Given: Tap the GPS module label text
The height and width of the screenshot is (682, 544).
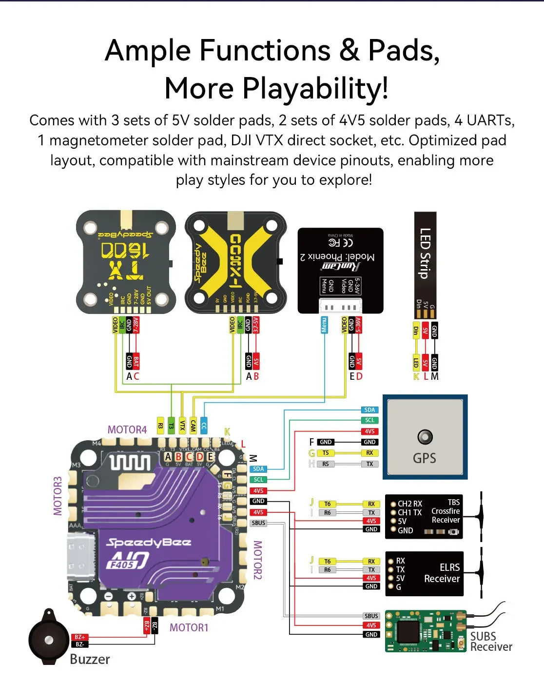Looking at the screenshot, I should coord(424,458).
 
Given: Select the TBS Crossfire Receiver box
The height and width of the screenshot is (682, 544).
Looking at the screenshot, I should coord(424,516).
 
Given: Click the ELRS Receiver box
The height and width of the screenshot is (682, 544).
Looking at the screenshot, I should coord(424,574).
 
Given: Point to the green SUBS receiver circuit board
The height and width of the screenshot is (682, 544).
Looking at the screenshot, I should coord(425,631).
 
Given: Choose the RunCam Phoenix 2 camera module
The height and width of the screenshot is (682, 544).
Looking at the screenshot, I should coord(340,270).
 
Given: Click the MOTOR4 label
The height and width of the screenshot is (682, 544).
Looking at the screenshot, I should coord(127,430).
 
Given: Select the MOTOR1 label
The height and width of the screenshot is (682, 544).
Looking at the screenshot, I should coord(189,628).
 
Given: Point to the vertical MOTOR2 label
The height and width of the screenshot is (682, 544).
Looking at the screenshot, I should coord(257,560).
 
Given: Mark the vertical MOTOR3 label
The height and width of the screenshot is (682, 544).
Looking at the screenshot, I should coord(58,496).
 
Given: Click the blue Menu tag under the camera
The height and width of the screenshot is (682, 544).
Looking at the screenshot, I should coord(324,325).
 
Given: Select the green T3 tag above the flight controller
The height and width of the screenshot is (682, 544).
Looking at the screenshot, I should coord(171,425).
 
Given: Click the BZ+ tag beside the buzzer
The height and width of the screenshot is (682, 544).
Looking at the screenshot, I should coord(79,637).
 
